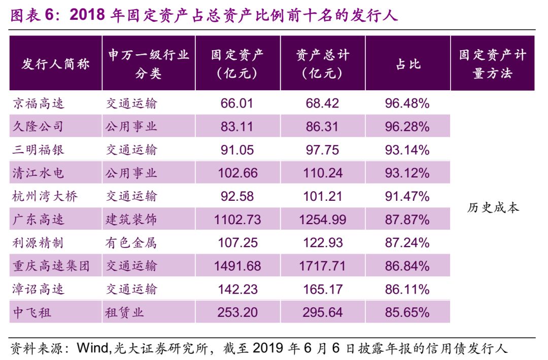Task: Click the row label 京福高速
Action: point(39,103)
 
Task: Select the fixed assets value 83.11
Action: point(237,126)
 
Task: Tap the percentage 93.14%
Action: point(407,150)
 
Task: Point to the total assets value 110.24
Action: point(323,173)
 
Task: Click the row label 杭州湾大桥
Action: point(45,196)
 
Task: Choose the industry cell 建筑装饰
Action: point(131,220)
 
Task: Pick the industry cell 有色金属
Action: point(131,243)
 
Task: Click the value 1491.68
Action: point(237,266)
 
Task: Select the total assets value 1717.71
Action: point(323,266)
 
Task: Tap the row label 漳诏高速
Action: point(39,289)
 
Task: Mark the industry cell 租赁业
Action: point(125,312)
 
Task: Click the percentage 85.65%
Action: point(407,312)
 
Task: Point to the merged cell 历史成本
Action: point(493,208)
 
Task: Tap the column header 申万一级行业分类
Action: point(148,64)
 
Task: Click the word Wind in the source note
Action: point(90,349)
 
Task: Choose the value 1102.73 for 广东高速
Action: point(237,220)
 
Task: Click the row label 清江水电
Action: point(39,173)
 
